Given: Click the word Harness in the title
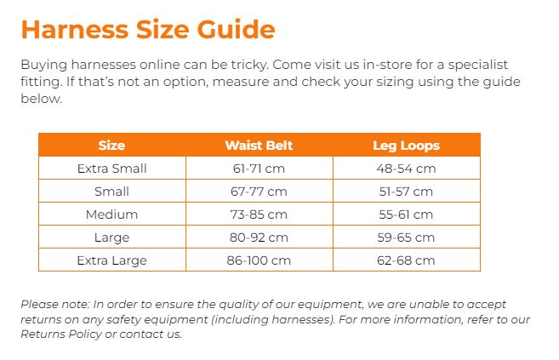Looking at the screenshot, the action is [x=75, y=29].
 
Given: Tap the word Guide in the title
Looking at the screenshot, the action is [x=236, y=29].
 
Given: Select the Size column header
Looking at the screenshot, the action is [x=111, y=146].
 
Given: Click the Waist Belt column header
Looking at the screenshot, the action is [x=259, y=146].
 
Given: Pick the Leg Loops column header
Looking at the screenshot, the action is [x=407, y=146].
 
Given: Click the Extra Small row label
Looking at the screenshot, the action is [x=112, y=169].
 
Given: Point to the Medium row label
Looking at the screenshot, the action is [x=112, y=214].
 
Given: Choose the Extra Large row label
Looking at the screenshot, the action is [x=112, y=260].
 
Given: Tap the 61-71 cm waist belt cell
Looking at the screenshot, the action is [x=259, y=169].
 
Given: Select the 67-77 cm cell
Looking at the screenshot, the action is [x=259, y=191].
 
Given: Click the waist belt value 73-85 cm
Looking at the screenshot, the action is [x=259, y=214].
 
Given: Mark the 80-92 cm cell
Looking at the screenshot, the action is [x=259, y=237].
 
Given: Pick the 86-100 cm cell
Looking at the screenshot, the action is [x=259, y=260].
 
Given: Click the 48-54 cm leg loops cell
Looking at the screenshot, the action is [x=407, y=169].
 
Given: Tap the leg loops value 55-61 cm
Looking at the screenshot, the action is [x=407, y=214].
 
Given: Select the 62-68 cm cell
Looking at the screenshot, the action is [x=407, y=260].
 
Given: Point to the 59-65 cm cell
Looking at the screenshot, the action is [x=407, y=237].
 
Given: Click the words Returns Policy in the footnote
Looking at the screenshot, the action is [x=61, y=334].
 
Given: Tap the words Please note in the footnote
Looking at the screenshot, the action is [x=55, y=305].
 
